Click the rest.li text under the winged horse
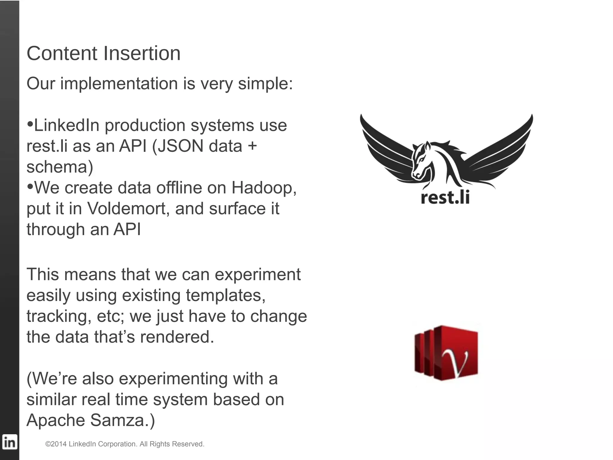(445, 198)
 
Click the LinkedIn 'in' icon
(9, 442)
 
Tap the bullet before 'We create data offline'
(30, 187)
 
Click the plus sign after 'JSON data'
(252, 146)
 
